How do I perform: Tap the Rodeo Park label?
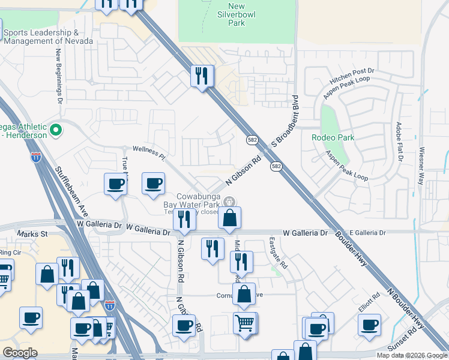point(333,137)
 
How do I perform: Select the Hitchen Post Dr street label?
point(352,75)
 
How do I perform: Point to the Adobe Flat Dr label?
point(398,142)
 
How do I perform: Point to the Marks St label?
point(32,233)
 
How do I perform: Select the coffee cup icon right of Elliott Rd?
point(369,325)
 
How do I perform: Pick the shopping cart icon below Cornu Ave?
point(245,323)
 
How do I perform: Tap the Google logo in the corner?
point(20,353)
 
